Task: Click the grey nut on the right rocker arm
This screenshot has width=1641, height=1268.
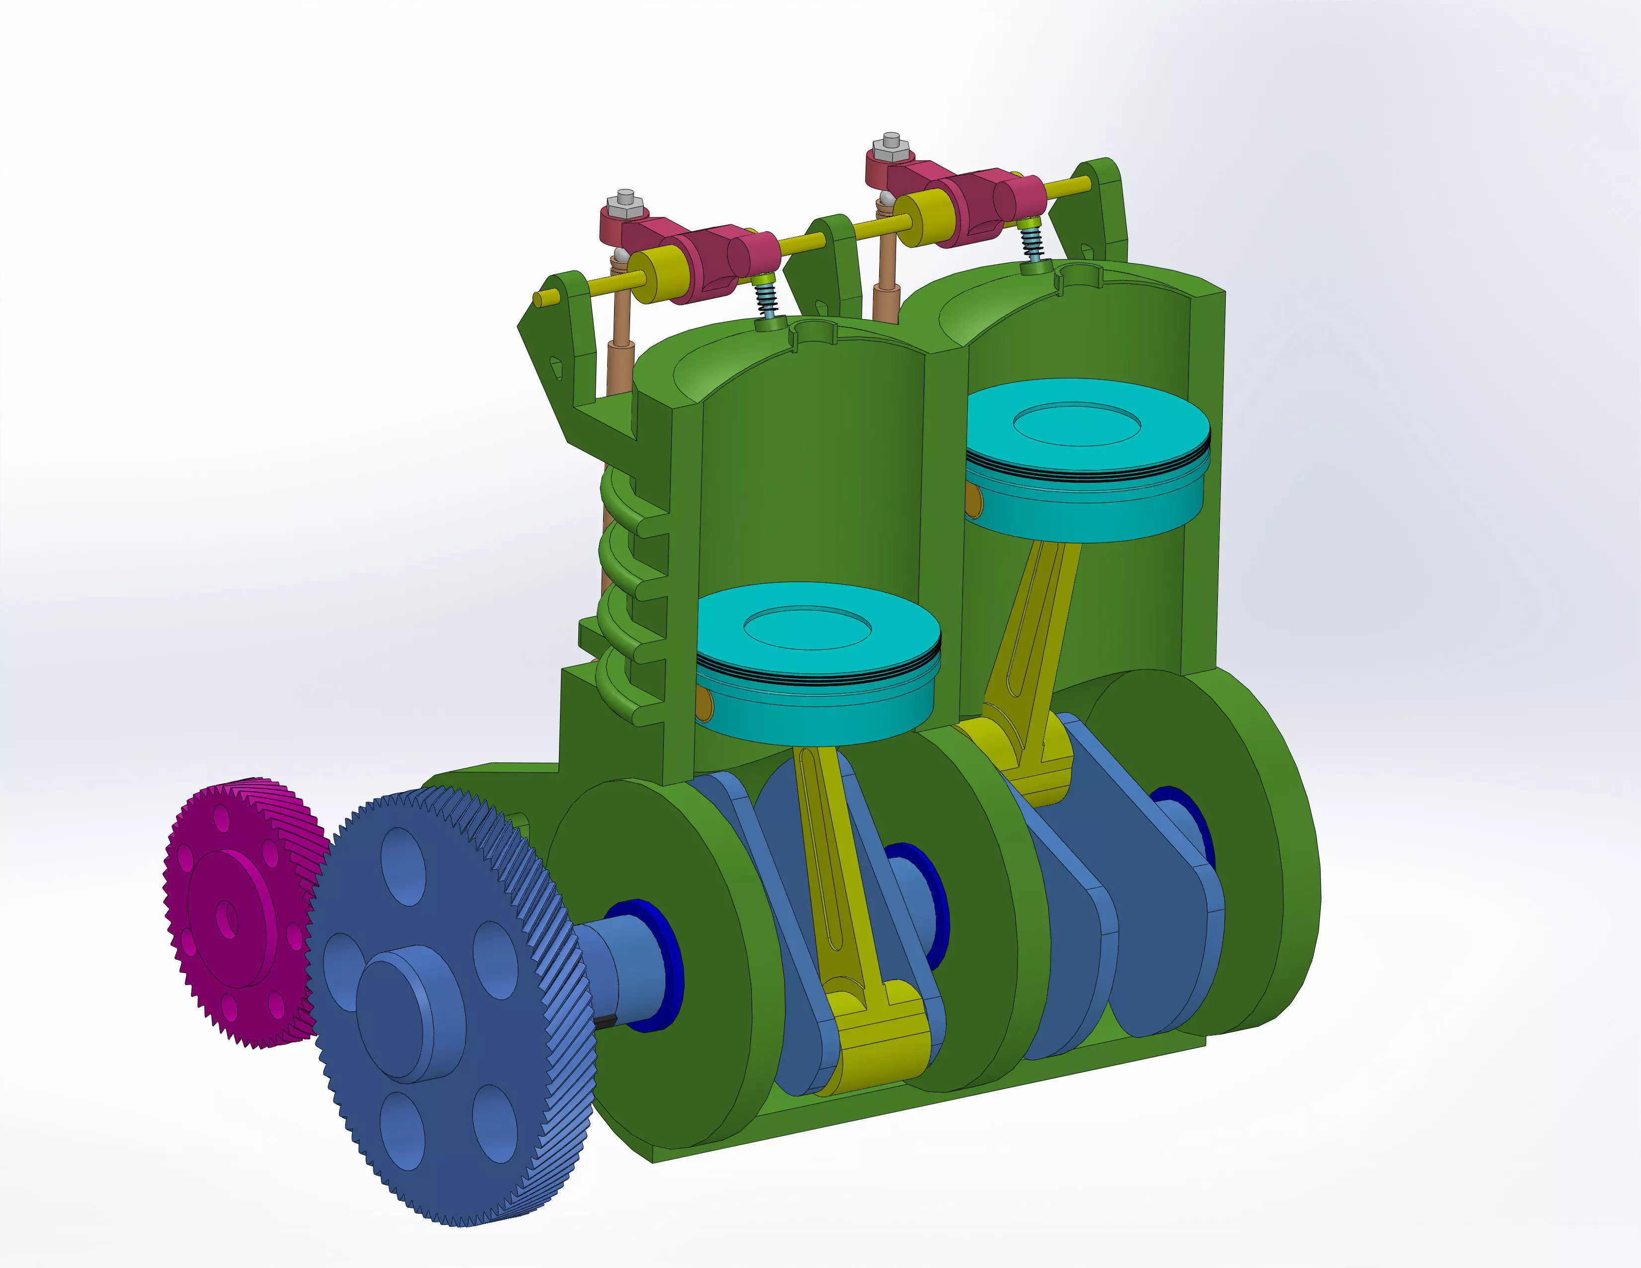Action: coord(891,143)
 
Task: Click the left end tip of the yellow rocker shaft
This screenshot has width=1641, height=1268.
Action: coord(539,299)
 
